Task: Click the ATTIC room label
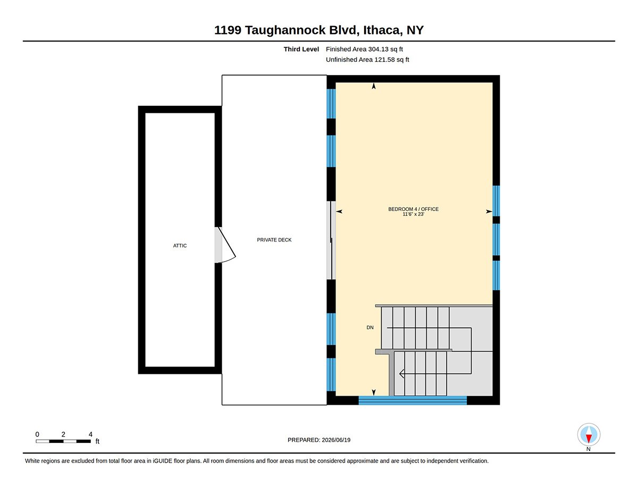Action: (180, 246)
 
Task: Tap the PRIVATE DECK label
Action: (274, 240)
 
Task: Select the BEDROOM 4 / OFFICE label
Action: (413, 209)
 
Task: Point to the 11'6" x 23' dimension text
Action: (413, 214)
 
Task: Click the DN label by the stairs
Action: (370, 328)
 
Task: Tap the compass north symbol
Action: (589, 434)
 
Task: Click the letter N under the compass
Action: (588, 449)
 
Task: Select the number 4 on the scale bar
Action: (90, 434)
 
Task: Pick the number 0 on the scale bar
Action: (37, 434)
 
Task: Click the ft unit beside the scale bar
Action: (97, 441)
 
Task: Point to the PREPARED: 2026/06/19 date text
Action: (319, 440)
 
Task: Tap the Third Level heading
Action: (301, 49)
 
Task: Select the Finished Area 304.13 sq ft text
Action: (364, 49)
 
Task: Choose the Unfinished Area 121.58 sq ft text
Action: (367, 60)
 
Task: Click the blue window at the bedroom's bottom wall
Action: (413, 400)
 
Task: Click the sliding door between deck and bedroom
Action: (331, 240)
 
